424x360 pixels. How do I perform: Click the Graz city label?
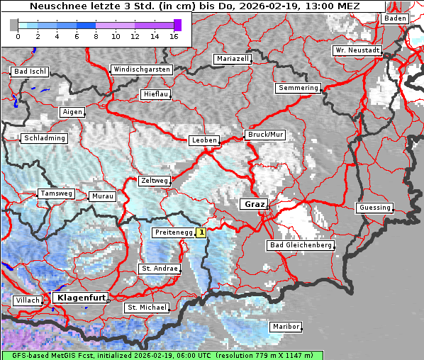tap(253, 204)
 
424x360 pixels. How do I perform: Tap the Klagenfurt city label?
tap(80, 298)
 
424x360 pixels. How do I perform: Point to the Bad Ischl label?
tap(30, 72)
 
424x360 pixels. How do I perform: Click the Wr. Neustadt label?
tap(357, 50)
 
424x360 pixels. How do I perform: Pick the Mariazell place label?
tap(233, 59)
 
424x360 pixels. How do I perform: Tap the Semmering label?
tap(299, 88)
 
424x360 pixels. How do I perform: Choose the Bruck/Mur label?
tap(264, 135)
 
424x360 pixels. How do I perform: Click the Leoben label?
tap(204, 140)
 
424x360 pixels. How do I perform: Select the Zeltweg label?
tap(154, 181)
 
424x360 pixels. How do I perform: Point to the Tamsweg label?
tap(56, 193)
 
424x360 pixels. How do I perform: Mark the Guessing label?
tap(374, 208)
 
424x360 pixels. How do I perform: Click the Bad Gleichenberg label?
tap(300, 245)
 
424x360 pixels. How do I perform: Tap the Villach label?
tap(27, 300)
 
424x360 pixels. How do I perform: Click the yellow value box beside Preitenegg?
tap(201, 232)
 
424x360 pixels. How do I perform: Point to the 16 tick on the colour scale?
tap(174, 35)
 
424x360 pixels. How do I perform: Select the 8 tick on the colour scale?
tap(96, 35)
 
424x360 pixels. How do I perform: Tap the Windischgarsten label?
tap(141, 69)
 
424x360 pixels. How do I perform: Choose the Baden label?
tap(396, 18)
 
